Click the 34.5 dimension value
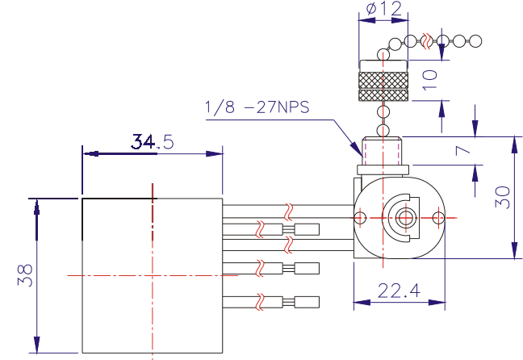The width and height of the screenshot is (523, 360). click(153, 141)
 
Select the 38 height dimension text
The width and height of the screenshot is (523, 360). click(25, 275)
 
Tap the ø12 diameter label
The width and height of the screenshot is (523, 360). click(384, 9)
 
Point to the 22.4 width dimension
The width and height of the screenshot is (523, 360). click(399, 291)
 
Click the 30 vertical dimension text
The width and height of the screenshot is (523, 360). click(503, 197)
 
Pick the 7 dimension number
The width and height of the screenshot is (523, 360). click(463, 150)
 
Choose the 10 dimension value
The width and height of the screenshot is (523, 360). click(429, 80)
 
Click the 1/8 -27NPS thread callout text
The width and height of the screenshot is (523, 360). click(257, 107)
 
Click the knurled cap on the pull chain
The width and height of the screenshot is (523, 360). click(383, 81)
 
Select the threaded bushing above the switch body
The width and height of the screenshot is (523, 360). click(382, 151)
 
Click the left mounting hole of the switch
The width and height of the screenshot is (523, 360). click(360, 218)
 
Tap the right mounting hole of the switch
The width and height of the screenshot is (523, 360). click(438, 218)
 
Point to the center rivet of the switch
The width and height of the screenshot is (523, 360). click(405, 218)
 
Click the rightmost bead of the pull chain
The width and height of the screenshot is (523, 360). click(475, 41)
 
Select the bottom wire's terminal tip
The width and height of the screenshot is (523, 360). click(307, 302)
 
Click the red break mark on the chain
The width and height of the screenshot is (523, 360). click(427, 41)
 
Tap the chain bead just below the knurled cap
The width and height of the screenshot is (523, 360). click(383, 111)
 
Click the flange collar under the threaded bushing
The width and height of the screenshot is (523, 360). click(383, 170)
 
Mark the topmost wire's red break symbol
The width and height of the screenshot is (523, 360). click(289, 211)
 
